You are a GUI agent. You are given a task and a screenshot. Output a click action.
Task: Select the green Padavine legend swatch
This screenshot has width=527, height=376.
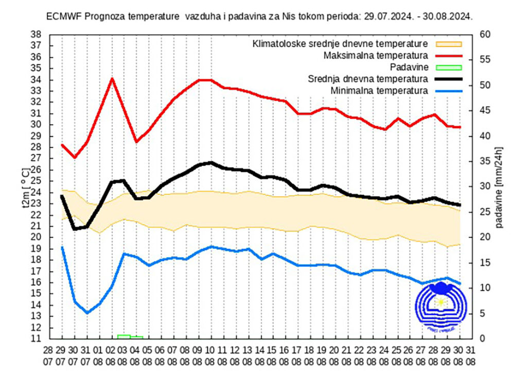point(449,67)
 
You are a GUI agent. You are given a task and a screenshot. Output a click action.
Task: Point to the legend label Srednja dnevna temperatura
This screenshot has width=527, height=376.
point(368,79)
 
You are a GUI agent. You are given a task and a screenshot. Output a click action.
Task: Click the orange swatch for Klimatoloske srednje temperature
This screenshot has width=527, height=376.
point(449,44)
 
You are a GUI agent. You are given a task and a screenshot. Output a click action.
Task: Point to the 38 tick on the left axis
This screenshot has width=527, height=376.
point(36,35)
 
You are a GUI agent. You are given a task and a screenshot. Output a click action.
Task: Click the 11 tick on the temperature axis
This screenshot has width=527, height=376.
point(36,339)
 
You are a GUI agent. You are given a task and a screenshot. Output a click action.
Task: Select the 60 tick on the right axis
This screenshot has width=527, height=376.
point(486,35)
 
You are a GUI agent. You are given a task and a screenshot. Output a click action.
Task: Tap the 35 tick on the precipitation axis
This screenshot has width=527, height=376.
point(486,161)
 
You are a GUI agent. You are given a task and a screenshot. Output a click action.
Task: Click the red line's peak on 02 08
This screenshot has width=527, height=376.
point(112,78)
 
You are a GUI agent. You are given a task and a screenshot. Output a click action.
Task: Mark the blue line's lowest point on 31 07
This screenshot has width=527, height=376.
point(87,313)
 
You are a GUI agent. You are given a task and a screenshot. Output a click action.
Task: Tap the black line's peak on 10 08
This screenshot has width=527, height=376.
point(211,163)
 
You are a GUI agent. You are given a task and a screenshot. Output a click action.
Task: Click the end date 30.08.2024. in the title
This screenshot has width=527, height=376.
point(448,16)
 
